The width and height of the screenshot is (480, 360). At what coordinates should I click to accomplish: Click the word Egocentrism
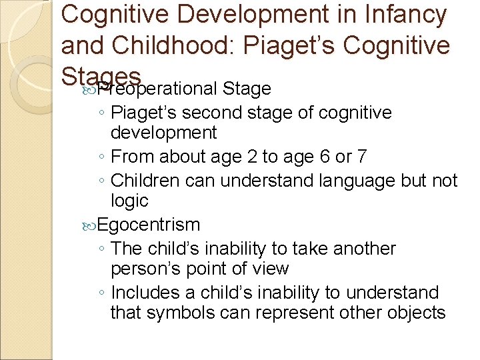tap(149, 225)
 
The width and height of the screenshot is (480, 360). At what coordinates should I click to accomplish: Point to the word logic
tap(129, 201)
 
